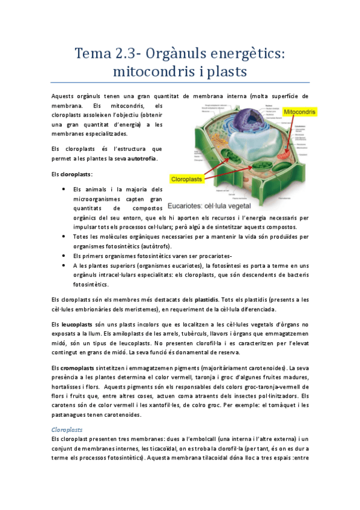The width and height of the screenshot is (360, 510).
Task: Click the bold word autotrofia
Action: (x=142, y=159)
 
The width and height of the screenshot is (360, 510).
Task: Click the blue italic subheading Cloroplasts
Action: (x=68, y=430)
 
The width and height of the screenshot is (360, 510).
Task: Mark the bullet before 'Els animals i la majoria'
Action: (x=63, y=189)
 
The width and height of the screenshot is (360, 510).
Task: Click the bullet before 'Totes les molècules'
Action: (x=63, y=237)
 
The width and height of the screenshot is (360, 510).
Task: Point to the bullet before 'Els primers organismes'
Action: (x=63, y=256)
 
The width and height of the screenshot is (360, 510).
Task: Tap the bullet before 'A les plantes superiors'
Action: (x=63, y=265)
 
